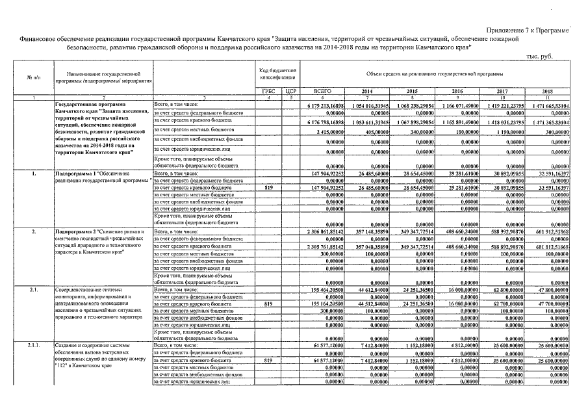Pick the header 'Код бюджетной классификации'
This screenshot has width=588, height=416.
pyautogui.click(x=278, y=73)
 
